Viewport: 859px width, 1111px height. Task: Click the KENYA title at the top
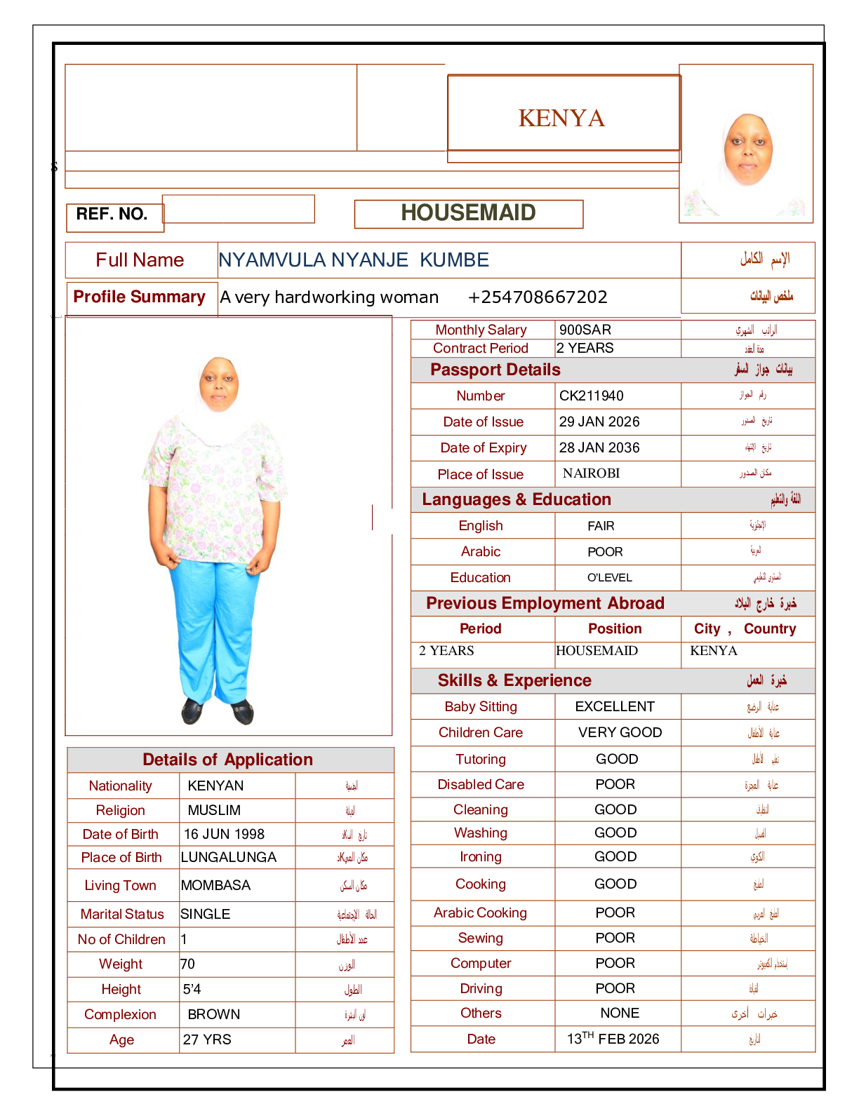[561, 118]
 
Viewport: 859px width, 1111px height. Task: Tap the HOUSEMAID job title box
[468, 213]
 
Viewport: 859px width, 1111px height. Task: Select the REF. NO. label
[112, 214]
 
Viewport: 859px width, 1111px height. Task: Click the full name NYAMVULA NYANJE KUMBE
[354, 260]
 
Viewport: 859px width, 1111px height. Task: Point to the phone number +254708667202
[537, 297]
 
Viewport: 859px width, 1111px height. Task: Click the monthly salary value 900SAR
[585, 330]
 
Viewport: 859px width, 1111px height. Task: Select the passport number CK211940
[591, 396]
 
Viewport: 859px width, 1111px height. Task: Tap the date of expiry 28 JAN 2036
[599, 447]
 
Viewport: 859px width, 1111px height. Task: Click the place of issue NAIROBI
[591, 473]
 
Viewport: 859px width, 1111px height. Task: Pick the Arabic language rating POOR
[605, 552]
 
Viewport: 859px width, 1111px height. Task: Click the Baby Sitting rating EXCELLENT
[615, 706]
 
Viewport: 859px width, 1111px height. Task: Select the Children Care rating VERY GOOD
[620, 732]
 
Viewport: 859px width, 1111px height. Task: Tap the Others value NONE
[620, 1013]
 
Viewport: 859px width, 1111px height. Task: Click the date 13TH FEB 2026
[613, 1039]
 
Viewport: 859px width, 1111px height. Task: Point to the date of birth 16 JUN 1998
[224, 834]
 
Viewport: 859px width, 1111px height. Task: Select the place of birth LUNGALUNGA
[228, 857]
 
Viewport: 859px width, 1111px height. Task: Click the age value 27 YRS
[207, 1039]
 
